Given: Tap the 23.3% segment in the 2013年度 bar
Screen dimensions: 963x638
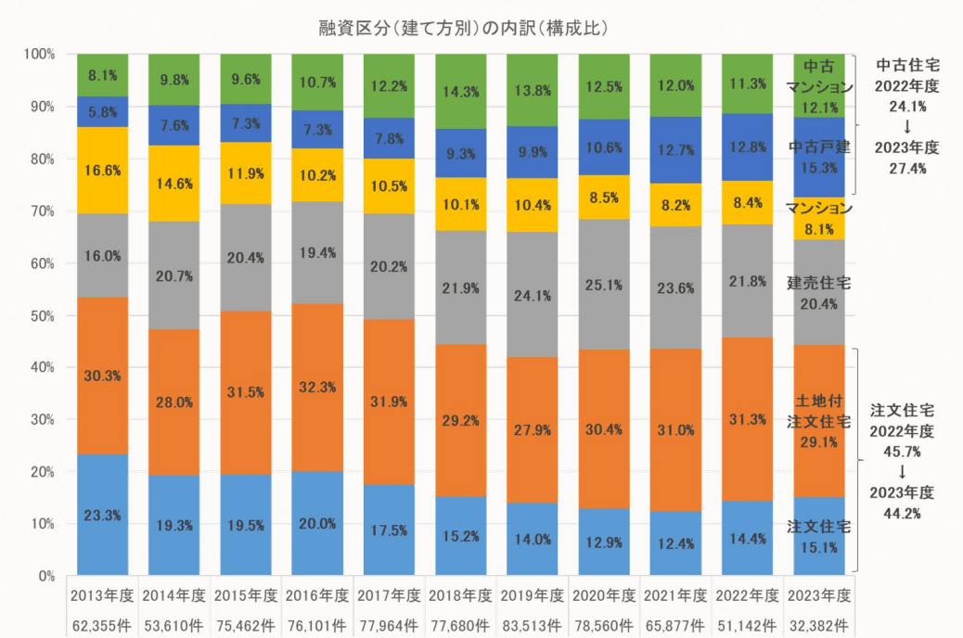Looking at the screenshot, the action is [x=103, y=515].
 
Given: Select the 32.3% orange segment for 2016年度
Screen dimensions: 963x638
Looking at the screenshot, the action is [x=317, y=388].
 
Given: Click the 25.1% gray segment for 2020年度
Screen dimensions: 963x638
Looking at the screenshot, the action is [x=604, y=285].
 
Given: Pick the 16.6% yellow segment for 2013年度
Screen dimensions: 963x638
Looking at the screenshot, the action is [x=103, y=170].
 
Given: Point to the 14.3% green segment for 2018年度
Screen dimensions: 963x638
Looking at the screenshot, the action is [x=460, y=92].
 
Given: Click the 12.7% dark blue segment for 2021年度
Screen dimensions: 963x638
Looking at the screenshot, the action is [x=675, y=150].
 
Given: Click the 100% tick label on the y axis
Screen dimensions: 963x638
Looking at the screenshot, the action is [x=40, y=54].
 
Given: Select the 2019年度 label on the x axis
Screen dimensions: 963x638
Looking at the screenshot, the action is [x=532, y=595].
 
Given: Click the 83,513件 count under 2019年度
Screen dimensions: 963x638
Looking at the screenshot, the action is [x=532, y=626].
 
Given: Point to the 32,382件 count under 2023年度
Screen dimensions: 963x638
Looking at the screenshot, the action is [x=818, y=626].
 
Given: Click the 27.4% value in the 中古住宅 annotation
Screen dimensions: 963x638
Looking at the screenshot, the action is [x=907, y=168].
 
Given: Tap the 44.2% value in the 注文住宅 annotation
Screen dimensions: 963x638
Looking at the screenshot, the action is [x=902, y=514].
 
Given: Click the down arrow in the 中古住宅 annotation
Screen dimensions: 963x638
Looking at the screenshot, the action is [x=907, y=127].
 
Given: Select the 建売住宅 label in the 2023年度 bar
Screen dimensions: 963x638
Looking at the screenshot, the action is [x=818, y=283].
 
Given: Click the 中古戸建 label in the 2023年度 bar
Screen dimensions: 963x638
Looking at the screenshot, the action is [x=819, y=147].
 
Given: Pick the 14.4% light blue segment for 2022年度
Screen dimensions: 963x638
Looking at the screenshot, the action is [x=748, y=538].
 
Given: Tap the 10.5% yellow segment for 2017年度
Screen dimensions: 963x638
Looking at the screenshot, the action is [x=389, y=186].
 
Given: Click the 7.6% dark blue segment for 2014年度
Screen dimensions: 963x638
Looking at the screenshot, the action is [x=174, y=125].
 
